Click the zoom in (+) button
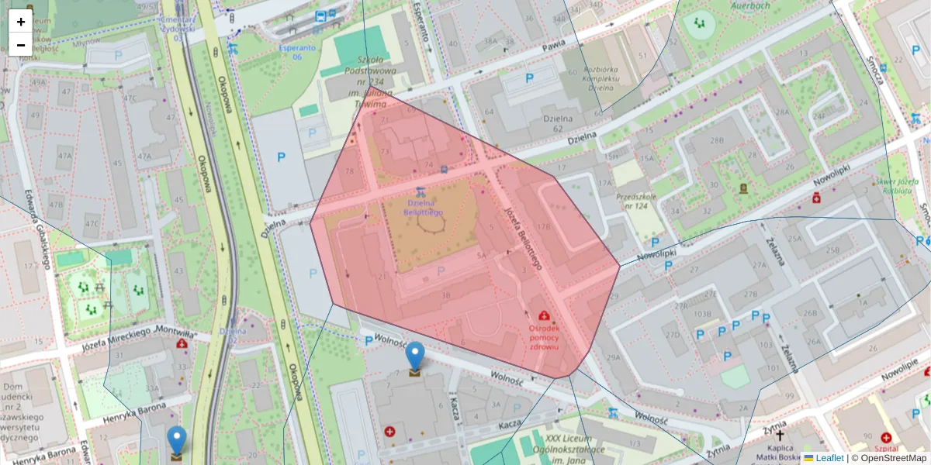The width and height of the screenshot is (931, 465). pyautogui.click(x=21, y=22)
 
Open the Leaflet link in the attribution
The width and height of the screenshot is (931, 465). pyautogui.click(x=829, y=458)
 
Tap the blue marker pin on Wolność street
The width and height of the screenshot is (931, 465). pyautogui.click(x=415, y=356)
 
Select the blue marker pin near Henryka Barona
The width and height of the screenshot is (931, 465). pyautogui.click(x=177, y=440)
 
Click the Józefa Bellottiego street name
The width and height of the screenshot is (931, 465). pyautogui.click(x=519, y=232)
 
